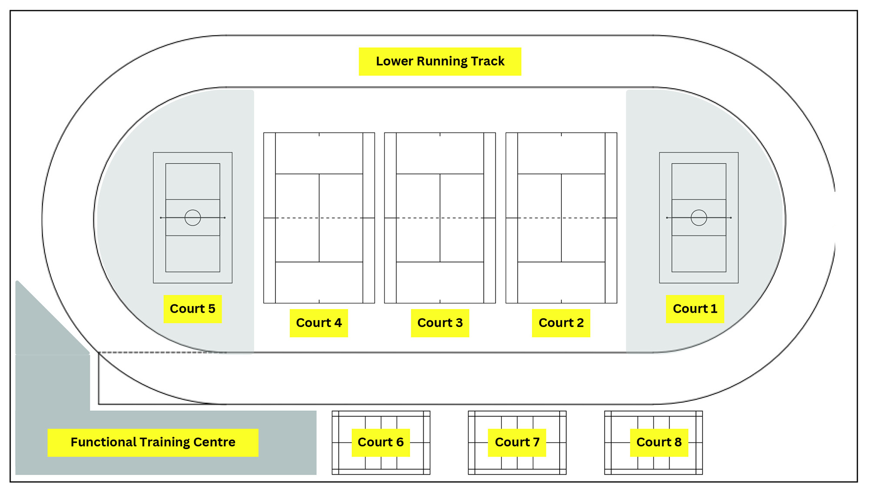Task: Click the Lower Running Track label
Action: (x=440, y=61)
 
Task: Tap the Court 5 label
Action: (x=192, y=309)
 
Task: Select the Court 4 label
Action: (x=318, y=323)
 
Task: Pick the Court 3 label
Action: (x=440, y=323)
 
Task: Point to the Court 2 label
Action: (x=561, y=323)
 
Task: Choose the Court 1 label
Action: (x=695, y=309)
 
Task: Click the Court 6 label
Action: (x=381, y=442)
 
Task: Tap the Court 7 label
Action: (x=517, y=442)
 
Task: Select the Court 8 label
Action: (x=659, y=442)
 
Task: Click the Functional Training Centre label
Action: (x=153, y=442)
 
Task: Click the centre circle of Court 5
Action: (x=192, y=218)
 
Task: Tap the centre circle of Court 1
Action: (x=699, y=218)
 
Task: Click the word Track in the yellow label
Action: (x=488, y=61)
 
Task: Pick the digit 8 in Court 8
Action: (x=678, y=442)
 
